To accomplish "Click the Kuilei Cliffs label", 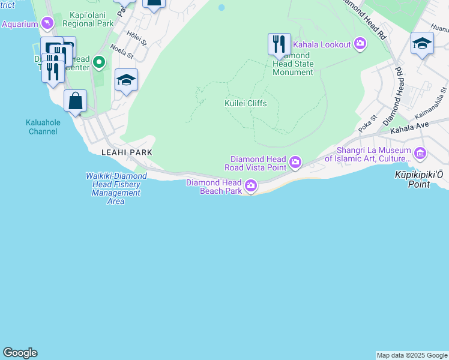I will click(246, 103).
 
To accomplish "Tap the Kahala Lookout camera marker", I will click(360, 43).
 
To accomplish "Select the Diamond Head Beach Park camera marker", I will click(251, 187).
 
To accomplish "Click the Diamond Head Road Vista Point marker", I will click(295, 162).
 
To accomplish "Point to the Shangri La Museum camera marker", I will click(420, 154).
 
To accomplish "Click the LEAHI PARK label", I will click(127, 152).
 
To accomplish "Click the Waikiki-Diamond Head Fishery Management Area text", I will click(116, 188).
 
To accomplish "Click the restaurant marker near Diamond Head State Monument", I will click(279, 44).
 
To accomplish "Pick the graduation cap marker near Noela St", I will click(126, 80).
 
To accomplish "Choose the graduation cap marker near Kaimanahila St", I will click(422, 43).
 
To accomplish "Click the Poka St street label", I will click(366, 125).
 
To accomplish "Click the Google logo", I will click(20, 353).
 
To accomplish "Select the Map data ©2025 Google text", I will click(412, 355).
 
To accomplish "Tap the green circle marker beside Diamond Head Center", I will click(100, 62).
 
